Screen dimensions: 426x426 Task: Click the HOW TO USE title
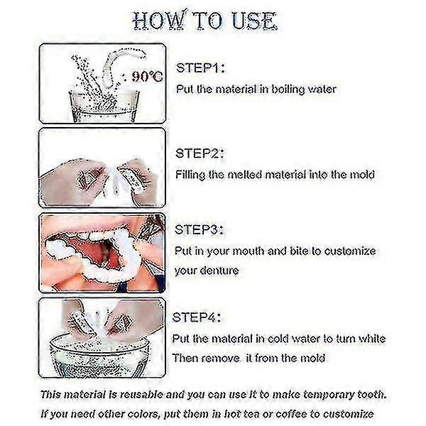coord(212,21)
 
